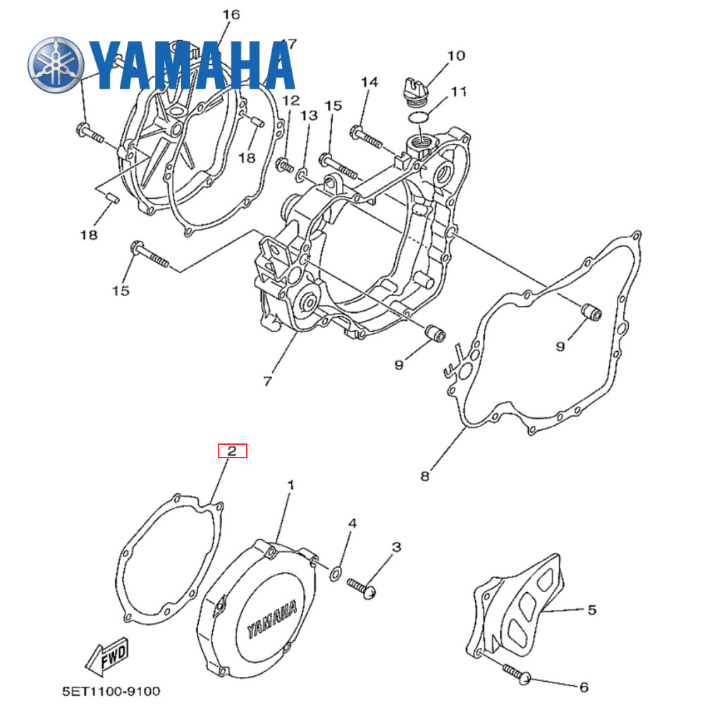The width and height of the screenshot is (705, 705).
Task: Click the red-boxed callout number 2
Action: [x=233, y=450]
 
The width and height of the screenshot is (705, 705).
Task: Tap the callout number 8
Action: [x=424, y=477]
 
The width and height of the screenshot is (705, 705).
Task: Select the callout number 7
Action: [x=267, y=381]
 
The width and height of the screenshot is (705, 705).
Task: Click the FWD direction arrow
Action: [x=106, y=659]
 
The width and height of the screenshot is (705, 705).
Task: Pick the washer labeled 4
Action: [x=336, y=570]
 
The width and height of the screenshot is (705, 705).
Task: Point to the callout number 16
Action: [x=231, y=14]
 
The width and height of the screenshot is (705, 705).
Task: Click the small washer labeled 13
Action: [x=302, y=172]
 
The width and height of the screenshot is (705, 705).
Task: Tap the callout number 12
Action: [x=290, y=101]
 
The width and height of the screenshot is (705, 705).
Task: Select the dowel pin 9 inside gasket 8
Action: [x=589, y=312]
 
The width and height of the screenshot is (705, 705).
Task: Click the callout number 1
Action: [x=290, y=486]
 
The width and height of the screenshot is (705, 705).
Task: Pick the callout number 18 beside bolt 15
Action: [x=89, y=235]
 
